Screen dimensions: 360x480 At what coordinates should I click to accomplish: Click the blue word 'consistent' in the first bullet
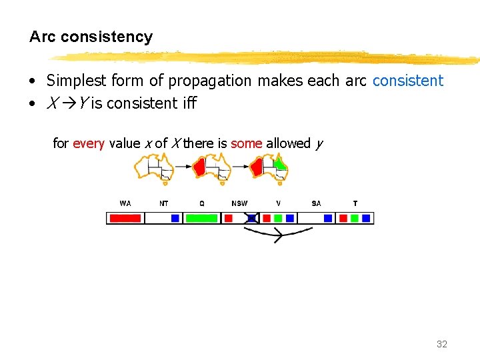pos(407,81)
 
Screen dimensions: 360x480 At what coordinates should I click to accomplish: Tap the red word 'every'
pos(88,143)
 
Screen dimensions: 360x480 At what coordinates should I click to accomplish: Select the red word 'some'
pos(246,143)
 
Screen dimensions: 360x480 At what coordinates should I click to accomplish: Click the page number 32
pos(441,344)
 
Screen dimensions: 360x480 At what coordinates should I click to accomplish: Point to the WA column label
pos(125,203)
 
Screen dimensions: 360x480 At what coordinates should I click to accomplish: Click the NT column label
pos(164,203)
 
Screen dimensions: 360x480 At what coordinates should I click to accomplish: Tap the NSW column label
pos(239,203)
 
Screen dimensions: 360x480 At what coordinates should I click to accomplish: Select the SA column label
pos(316,203)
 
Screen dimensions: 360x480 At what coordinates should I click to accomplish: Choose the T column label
pos(355,203)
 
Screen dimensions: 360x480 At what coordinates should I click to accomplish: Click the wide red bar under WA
pos(125,218)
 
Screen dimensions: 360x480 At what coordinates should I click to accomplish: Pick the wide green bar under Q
pos(201,218)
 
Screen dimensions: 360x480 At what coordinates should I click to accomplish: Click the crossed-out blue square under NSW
pos(252,218)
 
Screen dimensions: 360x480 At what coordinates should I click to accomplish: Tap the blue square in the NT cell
pos(175,218)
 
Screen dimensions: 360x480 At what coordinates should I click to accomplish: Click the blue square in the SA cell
pos(328,218)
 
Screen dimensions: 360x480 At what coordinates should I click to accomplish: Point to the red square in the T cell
pos(343,218)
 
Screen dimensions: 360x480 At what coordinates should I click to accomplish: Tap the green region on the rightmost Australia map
pos(281,163)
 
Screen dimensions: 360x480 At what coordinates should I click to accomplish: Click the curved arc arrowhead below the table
pos(278,235)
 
